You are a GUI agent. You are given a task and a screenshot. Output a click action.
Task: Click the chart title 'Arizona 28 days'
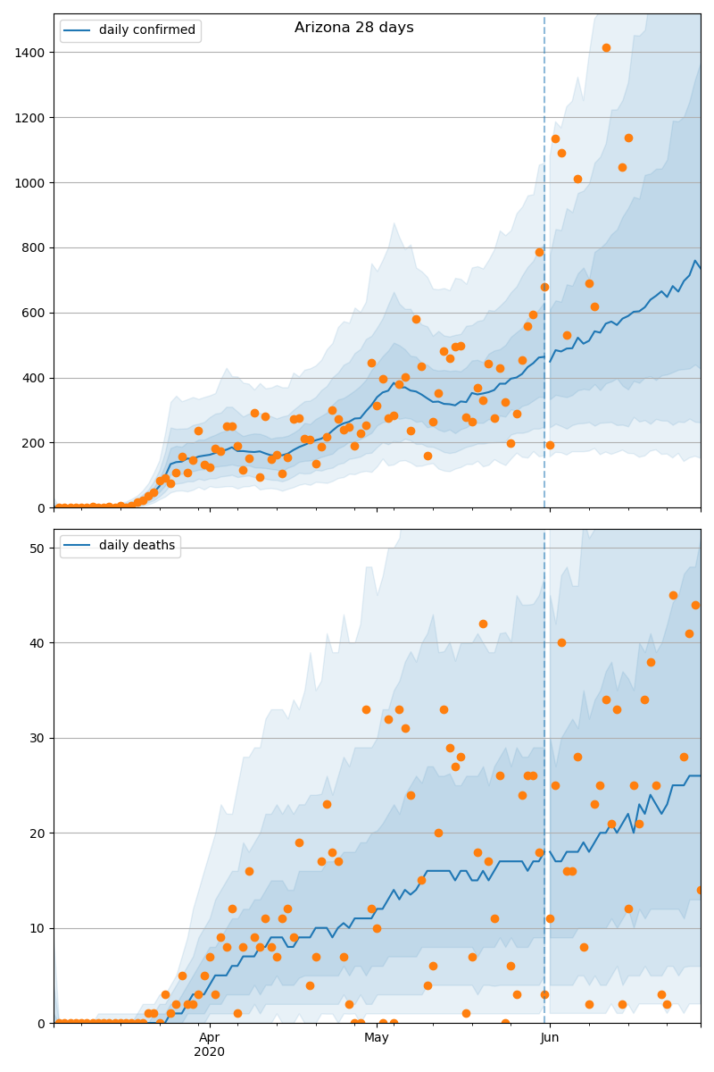pyautogui.click(x=353, y=28)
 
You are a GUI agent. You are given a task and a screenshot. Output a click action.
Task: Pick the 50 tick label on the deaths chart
pyautogui.click(x=37, y=548)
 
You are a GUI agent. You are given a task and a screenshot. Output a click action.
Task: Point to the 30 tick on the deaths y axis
pyautogui.click(x=37, y=738)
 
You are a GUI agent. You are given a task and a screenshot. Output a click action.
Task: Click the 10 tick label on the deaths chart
pyautogui.click(x=37, y=928)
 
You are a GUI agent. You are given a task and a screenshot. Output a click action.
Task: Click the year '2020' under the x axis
pyautogui.click(x=209, y=1051)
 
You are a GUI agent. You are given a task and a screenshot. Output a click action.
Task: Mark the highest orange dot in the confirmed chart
pyautogui.click(x=606, y=47)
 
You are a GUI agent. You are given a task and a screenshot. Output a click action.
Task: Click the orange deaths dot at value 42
pyautogui.click(x=483, y=624)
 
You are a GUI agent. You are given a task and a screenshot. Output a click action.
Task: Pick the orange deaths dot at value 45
pyautogui.click(x=673, y=595)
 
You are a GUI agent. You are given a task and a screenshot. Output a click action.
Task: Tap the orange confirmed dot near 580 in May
pyautogui.click(x=416, y=319)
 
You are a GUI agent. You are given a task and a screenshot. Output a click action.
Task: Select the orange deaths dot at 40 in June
pyautogui.click(x=561, y=642)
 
